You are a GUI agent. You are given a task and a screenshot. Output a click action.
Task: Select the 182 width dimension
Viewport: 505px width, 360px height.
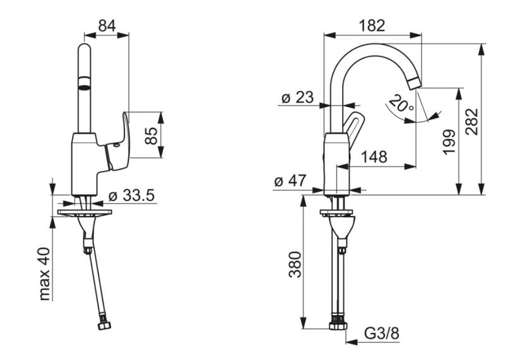point(372,26)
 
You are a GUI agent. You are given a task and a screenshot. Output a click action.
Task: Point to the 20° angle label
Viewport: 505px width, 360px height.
point(401,103)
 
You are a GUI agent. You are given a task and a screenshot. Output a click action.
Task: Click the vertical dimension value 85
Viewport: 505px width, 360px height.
point(151,136)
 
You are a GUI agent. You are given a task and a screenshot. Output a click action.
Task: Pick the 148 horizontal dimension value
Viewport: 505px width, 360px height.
point(374,157)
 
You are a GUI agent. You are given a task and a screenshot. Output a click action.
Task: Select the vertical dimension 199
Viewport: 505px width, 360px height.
point(449,143)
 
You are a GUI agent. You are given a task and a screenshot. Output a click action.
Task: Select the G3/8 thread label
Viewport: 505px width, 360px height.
point(380,332)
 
